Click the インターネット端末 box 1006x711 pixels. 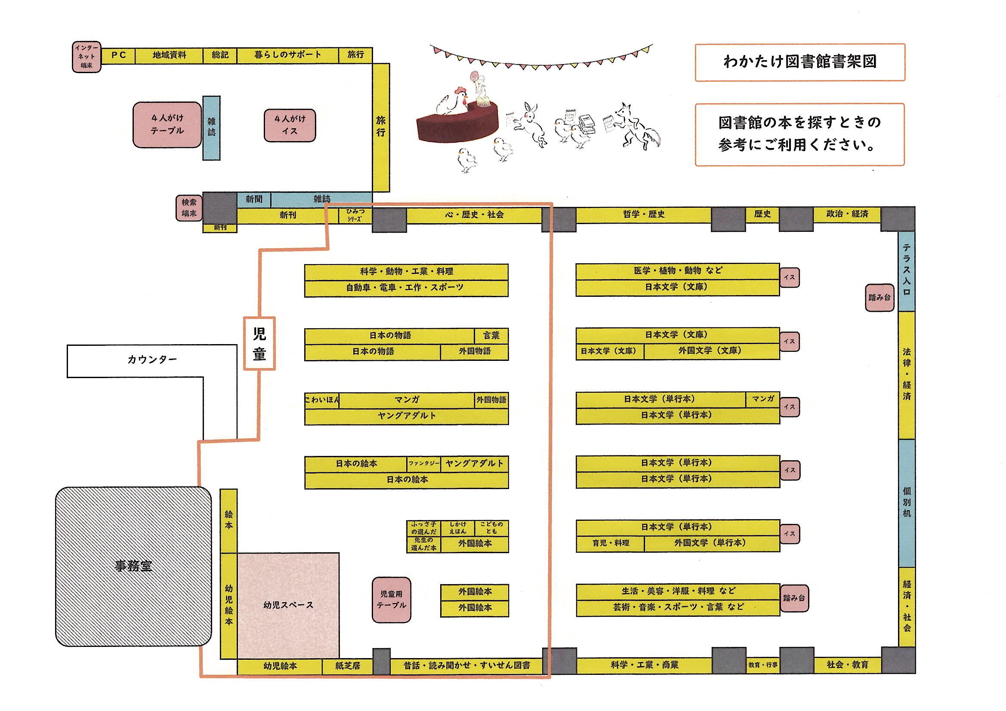(87, 57)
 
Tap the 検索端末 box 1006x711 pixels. (189, 208)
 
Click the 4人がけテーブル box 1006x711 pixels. (167, 124)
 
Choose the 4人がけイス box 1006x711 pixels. (290, 125)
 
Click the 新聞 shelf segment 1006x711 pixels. (254, 199)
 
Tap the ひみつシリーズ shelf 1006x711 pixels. (355, 215)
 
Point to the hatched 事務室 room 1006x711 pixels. (133, 566)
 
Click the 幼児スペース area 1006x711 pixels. (288, 605)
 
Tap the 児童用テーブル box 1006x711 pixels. (391, 600)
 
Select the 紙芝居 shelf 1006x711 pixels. (348, 666)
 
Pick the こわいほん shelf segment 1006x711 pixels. (322, 400)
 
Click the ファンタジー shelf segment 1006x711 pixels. (424, 463)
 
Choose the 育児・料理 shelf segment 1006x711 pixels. (610, 543)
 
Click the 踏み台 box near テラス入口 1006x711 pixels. (879, 298)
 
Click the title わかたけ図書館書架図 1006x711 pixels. (799, 62)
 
